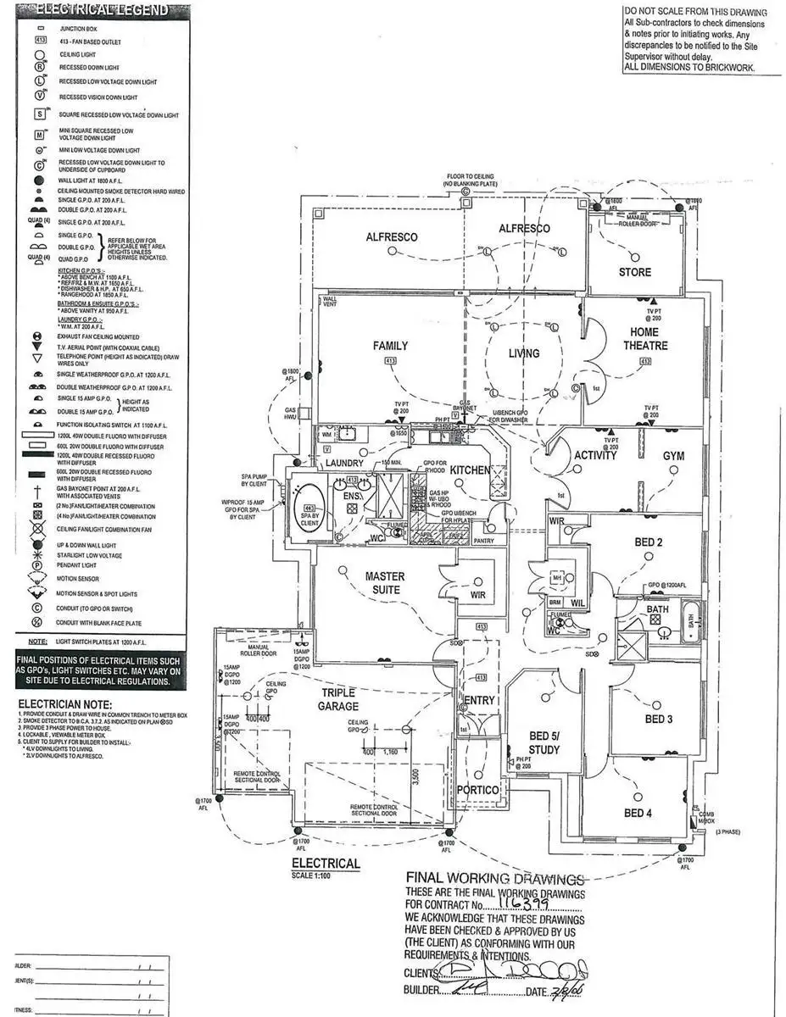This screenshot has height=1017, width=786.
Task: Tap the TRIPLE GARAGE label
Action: pyautogui.click(x=338, y=699)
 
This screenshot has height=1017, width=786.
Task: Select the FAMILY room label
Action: pyautogui.click(x=390, y=346)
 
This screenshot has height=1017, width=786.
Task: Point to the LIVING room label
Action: pyautogui.click(x=524, y=353)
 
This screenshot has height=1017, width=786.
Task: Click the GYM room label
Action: pyautogui.click(x=673, y=456)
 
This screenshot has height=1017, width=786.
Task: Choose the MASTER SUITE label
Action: pyautogui.click(x=383, y=583)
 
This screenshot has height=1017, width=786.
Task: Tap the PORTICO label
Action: pyautogui.click(x=477, y=790)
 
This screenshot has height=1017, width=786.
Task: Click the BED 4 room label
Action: pyautogui.click(x=638, y=814)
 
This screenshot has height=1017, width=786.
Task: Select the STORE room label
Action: pyautogui.click(x=634, y=272)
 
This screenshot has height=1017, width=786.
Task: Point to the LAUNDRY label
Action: pyautogui.click(x=344, y=464)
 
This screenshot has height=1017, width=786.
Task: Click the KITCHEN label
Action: pyautogui.click(x=470, y=470)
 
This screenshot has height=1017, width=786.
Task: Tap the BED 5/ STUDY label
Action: pyautogui.click(x=544, y=742)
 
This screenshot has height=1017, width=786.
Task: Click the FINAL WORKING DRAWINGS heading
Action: pyautogui.click(x=495, y=879)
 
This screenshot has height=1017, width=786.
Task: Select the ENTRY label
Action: pyautogui.click(x=479, y=700)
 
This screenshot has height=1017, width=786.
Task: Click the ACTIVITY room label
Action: pyautogui.click(x=595, y=456)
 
